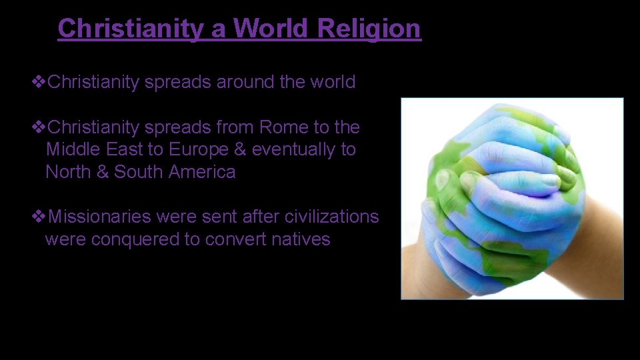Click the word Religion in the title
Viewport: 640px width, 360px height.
(369, 29)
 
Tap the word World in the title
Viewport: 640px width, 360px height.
(272, 29)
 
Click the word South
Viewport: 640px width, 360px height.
(139, 172)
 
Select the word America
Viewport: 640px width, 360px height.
(202, 172)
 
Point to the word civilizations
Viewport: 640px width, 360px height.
(331, 217)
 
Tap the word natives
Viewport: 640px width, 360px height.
(301, 239)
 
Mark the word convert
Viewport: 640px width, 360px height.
(235, 239)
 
